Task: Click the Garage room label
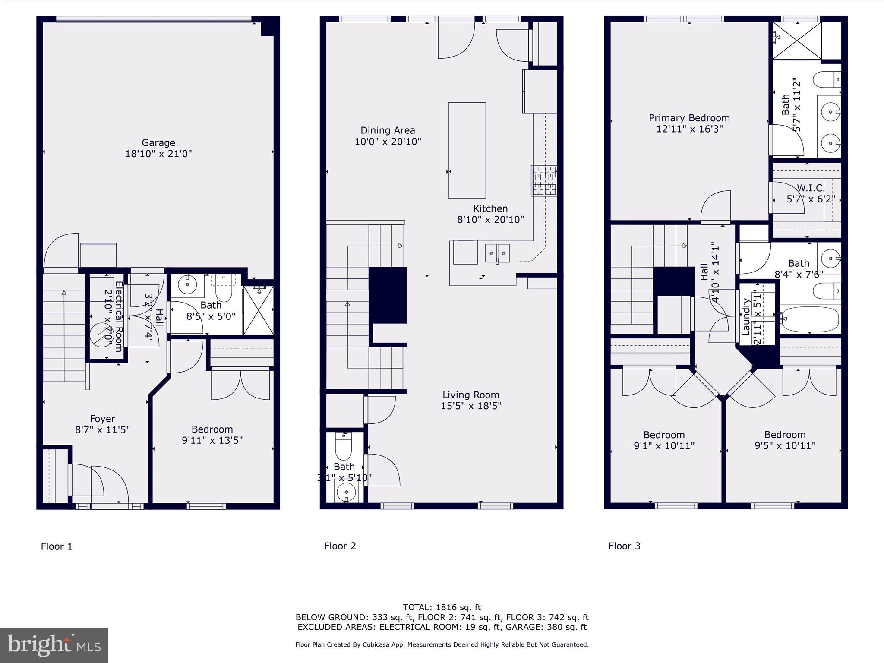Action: tap(158, 142)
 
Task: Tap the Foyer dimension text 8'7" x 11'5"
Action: tap(102, 430)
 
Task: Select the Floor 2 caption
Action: tap(340, 546)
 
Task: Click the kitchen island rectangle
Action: tap(467, 150)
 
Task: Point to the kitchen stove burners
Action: tap(544, 181)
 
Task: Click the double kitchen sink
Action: tap(497, 253)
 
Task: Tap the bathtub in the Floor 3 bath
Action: tap(810, 319)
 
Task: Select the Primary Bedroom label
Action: tap(689, 118)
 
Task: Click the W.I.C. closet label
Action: tap(811, 188)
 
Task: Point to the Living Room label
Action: tap(470, 395)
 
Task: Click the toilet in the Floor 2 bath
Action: tap(344, 447)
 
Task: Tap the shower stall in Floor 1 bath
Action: tap(258, 310)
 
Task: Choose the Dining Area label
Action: tap(388, 130)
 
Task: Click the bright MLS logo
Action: tap(54, 645)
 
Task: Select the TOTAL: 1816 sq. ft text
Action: tap(442, 607)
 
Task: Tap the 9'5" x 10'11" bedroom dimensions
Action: tap(784, 446)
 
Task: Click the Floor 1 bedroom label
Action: tap(212, 429)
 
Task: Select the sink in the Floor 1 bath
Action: tap(188, 284)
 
